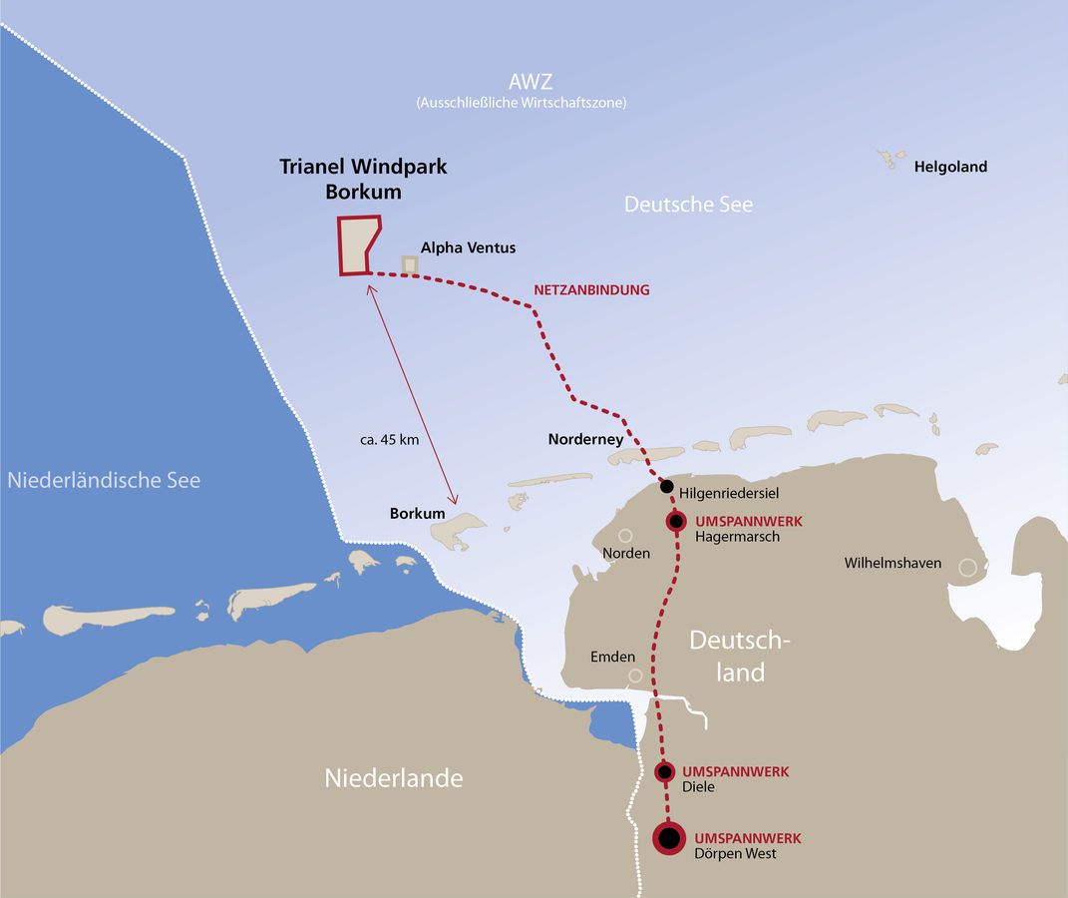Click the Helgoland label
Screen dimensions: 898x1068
[x=950, y=167]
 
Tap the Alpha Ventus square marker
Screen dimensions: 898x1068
[x=409, y=263]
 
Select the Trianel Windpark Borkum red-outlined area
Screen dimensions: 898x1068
[x=357, y=245]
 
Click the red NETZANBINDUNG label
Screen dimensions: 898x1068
[x=591, y=290]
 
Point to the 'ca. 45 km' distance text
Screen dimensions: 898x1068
[x=389, y=439]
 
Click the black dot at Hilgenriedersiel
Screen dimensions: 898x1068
[x=666, y=487]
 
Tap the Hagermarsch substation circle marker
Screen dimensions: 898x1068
[x=676, y=521]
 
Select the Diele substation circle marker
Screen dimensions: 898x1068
[x=665, y=771]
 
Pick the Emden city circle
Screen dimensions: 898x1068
[x=635, y=675]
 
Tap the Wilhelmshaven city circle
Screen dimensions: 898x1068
[x=966, y=567]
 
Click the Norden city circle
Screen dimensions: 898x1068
[x=625, y=535]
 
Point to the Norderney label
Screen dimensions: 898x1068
[x=585, y=439]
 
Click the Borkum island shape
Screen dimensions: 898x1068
[x=459, y=530]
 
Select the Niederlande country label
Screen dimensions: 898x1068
[x=394, y=778]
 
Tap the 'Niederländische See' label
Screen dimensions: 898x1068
[x=104, y=480]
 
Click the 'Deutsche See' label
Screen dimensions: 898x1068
[x=688, y=205]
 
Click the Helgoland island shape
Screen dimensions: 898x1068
[x=887, y=158]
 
